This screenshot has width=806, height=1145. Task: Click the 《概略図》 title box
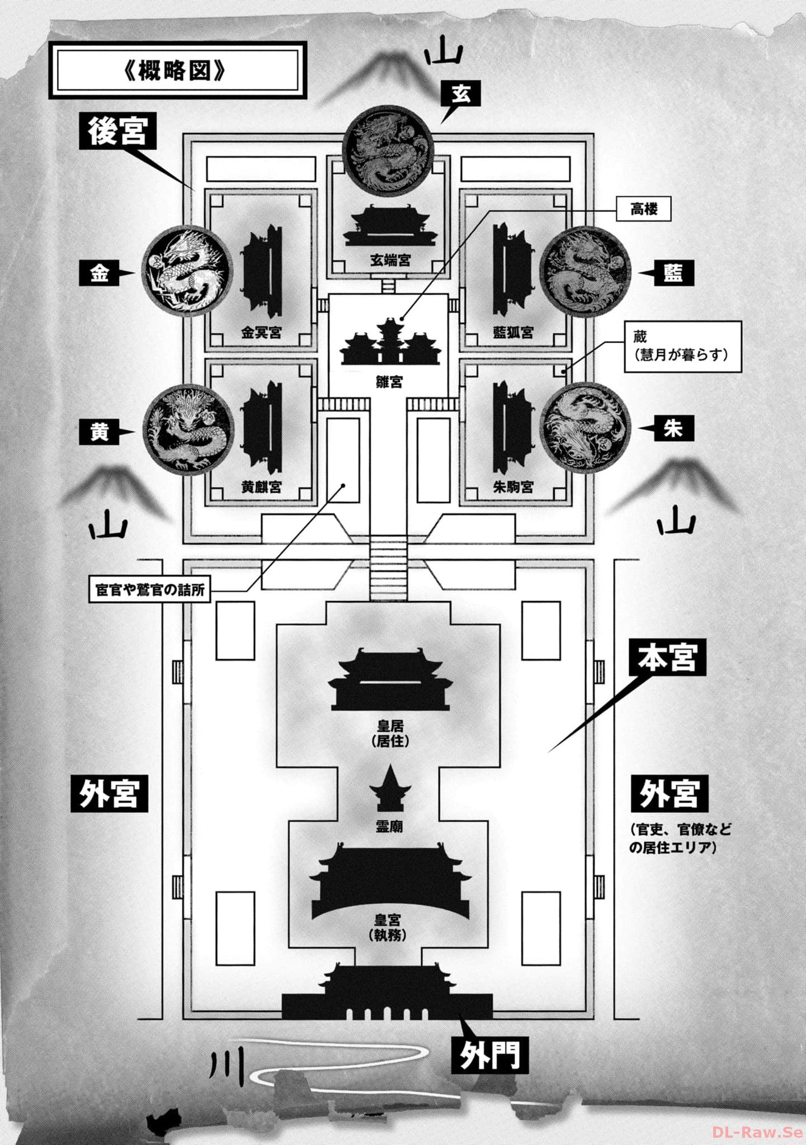point(178,70)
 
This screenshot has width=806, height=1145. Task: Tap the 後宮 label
point(117,131)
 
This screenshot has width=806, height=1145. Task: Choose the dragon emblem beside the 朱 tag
point(586,428)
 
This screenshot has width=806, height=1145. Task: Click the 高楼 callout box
point(643,209)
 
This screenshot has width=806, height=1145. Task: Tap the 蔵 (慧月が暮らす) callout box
point(683,346)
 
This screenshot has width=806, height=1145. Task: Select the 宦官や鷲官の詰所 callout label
point(150,590)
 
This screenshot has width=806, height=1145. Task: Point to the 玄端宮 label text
point(390,260)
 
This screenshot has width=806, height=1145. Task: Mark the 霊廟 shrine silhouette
point(390,788)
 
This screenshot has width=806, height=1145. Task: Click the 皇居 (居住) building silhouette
point(390,679)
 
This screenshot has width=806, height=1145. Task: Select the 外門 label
point(489,1054)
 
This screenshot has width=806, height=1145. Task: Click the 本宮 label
point(667,657)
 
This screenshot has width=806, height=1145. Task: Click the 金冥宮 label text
point(261,333)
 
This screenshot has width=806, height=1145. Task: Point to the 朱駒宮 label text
point(513,488)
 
